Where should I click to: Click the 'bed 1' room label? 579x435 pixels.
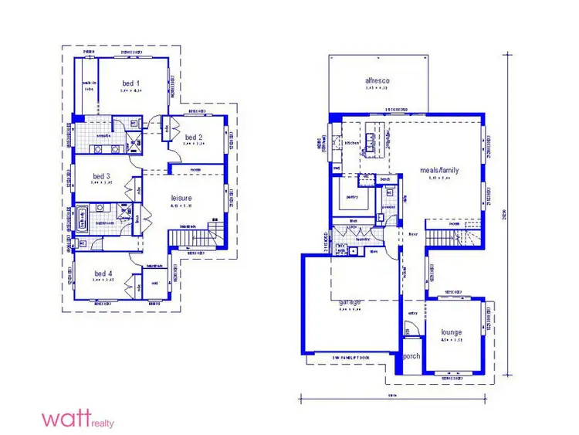[x=130, y=83]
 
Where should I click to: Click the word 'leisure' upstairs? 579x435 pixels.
[x=181, y=199]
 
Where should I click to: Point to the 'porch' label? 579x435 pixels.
[x=411, y=357]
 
